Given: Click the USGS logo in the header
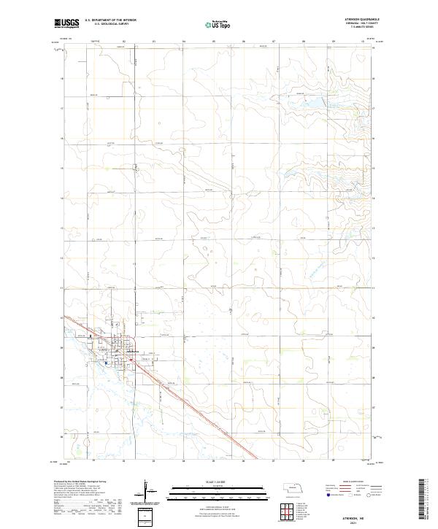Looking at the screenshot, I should coord(66,23).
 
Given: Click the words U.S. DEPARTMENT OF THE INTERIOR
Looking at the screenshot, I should coord(110,20).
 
